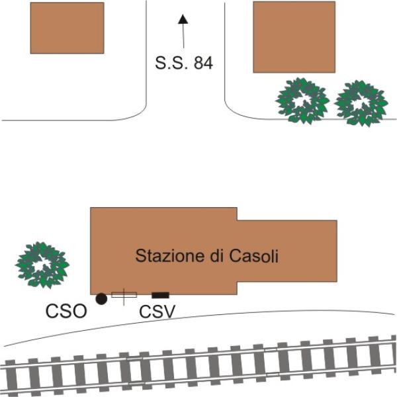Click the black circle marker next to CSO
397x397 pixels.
coord(101,299)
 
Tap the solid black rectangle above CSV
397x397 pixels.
coord(160,295)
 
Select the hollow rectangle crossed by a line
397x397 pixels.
coord(124,295)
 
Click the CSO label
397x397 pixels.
coord(66,311)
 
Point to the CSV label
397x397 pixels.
coord(157,312)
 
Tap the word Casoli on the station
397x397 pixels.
coord(253,255)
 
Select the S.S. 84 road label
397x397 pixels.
coord(184,63)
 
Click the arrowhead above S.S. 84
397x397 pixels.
coord(183,19)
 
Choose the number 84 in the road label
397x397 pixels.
coord(203,63)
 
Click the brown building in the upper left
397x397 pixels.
coord(67,28)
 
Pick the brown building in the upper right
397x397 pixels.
coord(294,37)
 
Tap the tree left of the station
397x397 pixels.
coord(42,265)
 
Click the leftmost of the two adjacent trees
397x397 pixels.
coord(302,101)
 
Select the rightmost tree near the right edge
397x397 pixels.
coord(361,103)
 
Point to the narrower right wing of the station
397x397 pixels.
coord(287,251)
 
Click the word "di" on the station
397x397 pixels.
coord(217,255)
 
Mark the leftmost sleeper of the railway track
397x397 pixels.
coord(11,378)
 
